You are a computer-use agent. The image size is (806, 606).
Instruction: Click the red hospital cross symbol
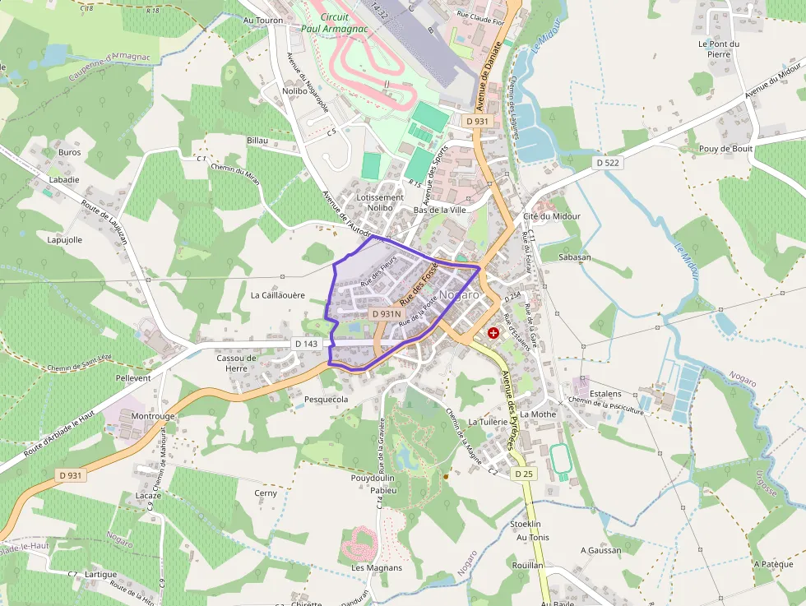coord(493,333)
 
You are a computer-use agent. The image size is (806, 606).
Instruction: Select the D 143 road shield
coord(306,344)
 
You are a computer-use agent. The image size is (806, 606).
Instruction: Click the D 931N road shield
coord(386,314)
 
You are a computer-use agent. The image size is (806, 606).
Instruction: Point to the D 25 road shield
coord(524,474)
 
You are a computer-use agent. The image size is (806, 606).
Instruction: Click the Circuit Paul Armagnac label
coord(335,22)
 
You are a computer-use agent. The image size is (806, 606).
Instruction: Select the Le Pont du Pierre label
coord(719,49)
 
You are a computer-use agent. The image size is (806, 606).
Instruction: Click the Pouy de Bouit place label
coord(725,149)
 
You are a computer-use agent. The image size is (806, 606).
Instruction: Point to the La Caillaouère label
coord(278,294)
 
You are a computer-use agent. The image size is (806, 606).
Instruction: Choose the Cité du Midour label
coord(551,216)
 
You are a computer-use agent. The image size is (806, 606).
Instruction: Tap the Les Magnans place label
coord(377,567)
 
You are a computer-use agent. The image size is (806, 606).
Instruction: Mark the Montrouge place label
coord(153,417)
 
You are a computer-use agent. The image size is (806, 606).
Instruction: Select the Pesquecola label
coord(327,400)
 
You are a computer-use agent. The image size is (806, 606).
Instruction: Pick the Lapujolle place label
coord(65,240)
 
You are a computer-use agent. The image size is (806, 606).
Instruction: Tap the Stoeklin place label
coord(526,524)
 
